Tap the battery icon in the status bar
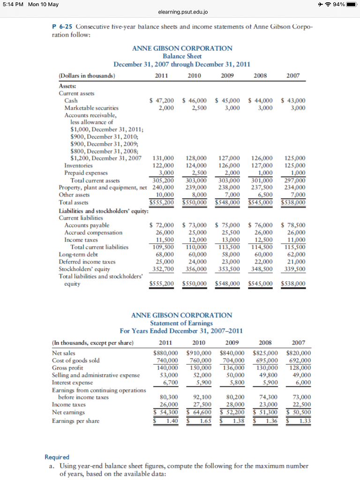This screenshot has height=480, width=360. click(x=350, y=5)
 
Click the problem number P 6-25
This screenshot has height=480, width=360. click(x=62, y=28)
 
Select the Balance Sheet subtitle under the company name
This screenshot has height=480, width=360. click(x=182, y=56)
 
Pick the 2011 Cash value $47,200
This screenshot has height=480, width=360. click(x=162, y=100)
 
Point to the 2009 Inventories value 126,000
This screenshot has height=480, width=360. click(x=230, y=165)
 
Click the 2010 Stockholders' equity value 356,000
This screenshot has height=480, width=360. click(x=196, y=269)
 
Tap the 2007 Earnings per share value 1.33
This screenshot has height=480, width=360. click(x=304, y=420)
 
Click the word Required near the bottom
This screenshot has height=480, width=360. click(x=57, y=457)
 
